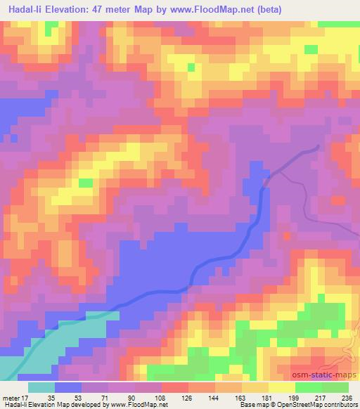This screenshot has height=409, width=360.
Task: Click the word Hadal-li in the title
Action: point(27,11)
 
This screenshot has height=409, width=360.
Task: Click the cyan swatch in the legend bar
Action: point(41,387)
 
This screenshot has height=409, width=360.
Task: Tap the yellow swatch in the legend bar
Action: point(282,387)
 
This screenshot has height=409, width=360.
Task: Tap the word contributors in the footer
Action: point(340,405)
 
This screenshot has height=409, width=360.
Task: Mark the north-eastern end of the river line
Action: point(318,146)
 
